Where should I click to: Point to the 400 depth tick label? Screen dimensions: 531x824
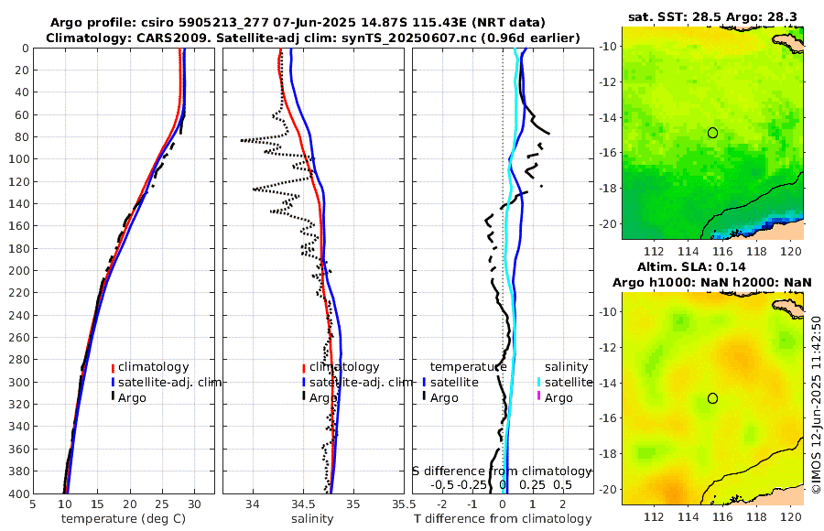(x=17, y=493)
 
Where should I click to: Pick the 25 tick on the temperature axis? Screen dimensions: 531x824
(x=162, y=504)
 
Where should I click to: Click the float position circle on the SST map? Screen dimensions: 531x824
(x=712, y=133)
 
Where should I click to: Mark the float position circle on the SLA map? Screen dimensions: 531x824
(x=712, y=398)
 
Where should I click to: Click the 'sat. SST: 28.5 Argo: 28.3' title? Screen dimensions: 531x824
(x=713, y=17)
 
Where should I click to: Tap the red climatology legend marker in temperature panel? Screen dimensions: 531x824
(x=113, y=367)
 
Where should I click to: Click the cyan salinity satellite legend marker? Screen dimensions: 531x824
(x=540, y=382)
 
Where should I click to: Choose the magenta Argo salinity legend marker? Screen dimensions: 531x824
(x=540, y=397)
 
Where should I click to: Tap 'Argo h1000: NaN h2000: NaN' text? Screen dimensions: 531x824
(x=713, y=282)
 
